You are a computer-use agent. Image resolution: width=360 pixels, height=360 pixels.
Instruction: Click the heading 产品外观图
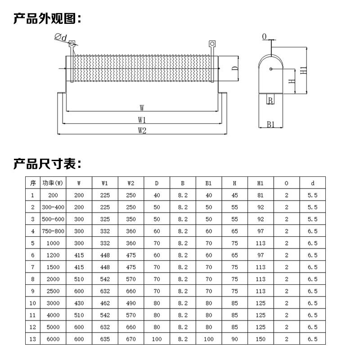47,19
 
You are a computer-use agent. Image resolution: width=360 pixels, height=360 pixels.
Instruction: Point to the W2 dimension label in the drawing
142,130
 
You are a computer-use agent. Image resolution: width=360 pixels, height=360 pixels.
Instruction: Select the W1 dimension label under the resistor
142,120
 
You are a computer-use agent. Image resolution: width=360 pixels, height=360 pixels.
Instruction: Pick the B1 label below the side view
270,124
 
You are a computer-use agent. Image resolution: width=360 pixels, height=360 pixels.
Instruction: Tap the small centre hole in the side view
270,69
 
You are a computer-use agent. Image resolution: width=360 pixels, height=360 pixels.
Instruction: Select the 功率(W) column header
52,183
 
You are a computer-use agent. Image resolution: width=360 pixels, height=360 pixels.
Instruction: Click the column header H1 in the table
261,183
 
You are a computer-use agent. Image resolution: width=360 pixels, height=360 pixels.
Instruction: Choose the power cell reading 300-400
52,207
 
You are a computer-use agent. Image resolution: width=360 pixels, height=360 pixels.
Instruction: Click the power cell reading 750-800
52,231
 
